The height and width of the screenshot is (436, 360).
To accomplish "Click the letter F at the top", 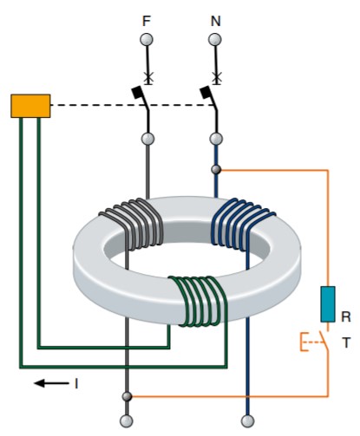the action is point(147,21).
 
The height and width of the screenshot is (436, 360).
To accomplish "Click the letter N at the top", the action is point(215,21).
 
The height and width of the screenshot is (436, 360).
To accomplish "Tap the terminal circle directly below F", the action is point(147,40).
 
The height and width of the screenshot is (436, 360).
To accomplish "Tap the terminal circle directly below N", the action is point(215,40).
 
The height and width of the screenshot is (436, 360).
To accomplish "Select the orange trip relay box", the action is point(30,106).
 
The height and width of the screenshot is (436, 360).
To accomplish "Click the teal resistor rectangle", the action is point(328,304).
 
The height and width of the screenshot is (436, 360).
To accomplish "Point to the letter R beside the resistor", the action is point(346,316).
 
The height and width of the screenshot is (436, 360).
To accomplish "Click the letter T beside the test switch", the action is point(346,342).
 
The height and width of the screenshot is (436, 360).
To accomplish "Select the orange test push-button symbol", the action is point(314,342).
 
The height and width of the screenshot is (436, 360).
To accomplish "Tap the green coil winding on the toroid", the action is point(199,301).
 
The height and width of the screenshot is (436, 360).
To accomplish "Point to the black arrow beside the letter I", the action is point(51,383).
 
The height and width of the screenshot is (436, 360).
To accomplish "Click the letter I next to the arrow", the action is point(76,384).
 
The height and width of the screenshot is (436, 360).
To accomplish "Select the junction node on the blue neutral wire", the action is point(216,170).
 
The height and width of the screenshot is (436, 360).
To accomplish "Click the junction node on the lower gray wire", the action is point(127,396).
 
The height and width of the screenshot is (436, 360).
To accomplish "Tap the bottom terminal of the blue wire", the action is point(247,421).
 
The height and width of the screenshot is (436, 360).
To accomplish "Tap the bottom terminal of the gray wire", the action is point(127,421).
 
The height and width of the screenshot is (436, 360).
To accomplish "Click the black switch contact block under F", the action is point(137,93).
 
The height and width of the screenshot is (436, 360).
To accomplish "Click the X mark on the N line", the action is point(216,77).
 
